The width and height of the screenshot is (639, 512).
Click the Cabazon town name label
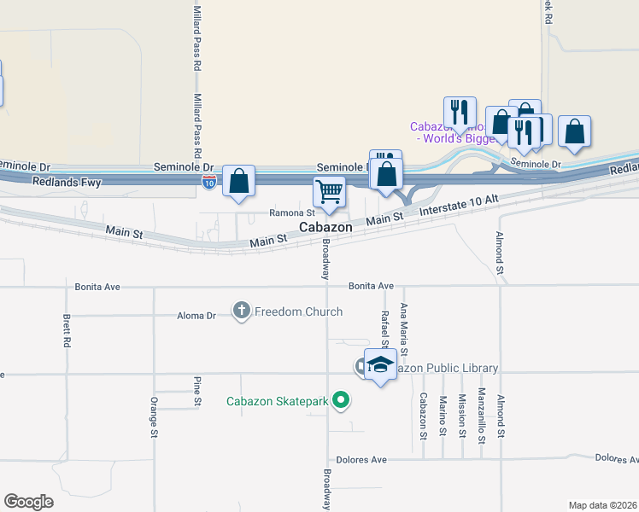(325, 228)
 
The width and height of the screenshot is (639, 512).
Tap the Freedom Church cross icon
(242, 311)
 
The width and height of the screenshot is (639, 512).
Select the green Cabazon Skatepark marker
(342, 399)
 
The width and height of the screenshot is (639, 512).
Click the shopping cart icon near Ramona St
(329, 191)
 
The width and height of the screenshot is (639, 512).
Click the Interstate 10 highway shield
(210, 181)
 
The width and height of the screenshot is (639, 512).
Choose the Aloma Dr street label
(196, 316)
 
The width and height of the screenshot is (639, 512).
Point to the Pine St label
(197, 390)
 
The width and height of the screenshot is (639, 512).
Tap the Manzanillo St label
(482, 414)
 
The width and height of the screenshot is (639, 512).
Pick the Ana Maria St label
(404, 329)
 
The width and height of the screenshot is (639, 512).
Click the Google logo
(29, 501)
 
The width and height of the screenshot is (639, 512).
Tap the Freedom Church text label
(298, 312)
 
